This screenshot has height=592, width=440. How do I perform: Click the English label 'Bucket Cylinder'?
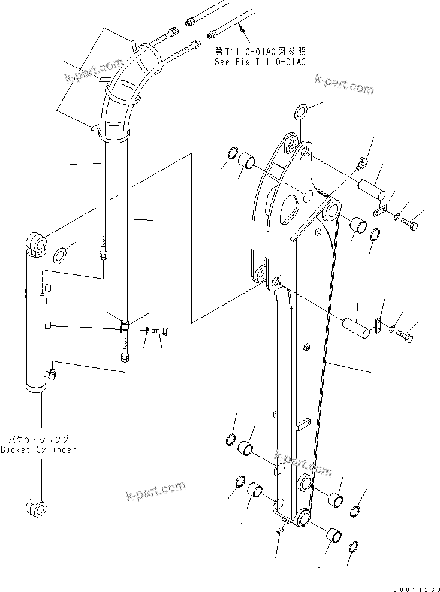pyautogui.click(x=38, y=449)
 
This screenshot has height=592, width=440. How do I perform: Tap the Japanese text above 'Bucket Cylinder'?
pyautogui.click(x=38, y=439)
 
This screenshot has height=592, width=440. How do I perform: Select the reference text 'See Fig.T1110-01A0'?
pyautogui.click(x=260, y=62)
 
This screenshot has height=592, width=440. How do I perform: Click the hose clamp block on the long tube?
pyautogui.click(x=125, y=327)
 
